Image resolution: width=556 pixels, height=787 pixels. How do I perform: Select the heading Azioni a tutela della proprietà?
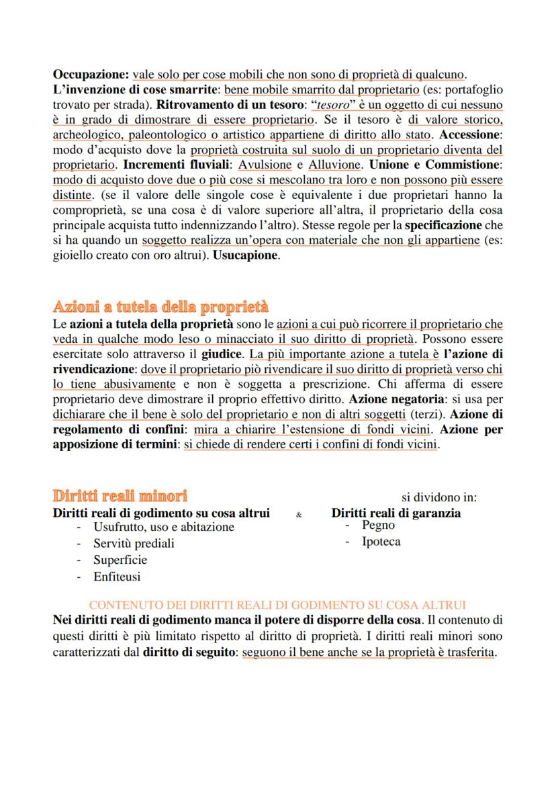tap(160, 307)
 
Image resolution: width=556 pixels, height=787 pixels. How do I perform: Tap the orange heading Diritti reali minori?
tap(120, 496)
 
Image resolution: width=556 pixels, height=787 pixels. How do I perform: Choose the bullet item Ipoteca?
tap(381, 542)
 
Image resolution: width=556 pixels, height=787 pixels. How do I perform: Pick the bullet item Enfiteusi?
tap(117, 577)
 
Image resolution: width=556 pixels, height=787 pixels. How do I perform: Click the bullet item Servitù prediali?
tap(134, 543)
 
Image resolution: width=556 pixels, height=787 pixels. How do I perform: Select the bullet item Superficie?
tap(120, 560)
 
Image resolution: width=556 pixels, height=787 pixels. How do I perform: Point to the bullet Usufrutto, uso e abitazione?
tap(164, 527)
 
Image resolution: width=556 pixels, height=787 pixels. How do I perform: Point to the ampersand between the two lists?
tap(299, 515)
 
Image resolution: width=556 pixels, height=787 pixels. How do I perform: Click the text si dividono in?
tap(439, 497)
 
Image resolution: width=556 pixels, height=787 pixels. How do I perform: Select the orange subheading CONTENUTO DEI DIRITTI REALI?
tap(277, 605)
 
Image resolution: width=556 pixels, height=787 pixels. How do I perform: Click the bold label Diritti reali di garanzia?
tap(396, 513)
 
